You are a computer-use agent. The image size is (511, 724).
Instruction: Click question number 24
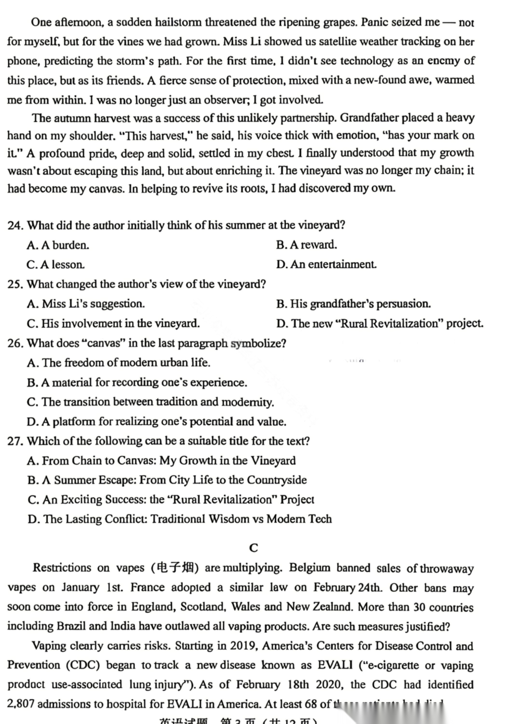tap(15, 225)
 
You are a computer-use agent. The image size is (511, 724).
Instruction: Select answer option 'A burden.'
tap(58, 245)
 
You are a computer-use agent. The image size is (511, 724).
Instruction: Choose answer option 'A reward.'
tap(307, 245)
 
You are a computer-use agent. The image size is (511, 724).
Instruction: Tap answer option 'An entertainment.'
tap(326, 264)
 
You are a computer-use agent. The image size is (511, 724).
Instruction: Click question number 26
tap(15, 343)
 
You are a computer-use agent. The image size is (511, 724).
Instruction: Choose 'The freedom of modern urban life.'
tap(119, 363)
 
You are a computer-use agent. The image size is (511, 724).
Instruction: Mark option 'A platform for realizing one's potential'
tap(157, 421)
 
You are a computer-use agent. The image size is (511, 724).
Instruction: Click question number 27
tap(15, 441)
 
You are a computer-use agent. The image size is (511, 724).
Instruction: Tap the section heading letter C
tap(254, 548)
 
